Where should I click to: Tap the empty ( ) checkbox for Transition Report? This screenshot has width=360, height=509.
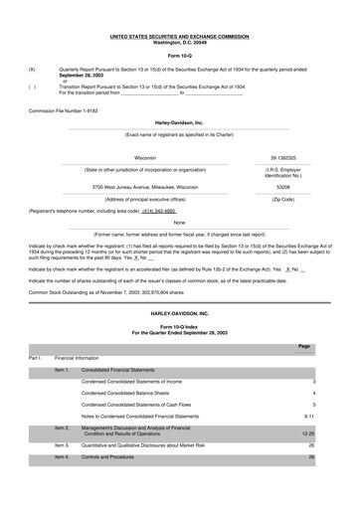click(x=32, y=86)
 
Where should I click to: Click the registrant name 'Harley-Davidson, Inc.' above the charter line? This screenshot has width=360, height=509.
click(x=180, y=123)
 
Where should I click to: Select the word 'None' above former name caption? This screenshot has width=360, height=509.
click(x=180, y=223)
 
